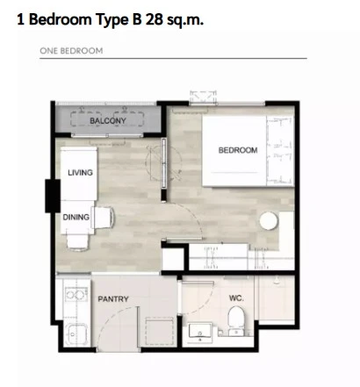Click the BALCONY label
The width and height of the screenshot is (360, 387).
(108, 120)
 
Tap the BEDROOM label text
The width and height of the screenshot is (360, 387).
(238, 150)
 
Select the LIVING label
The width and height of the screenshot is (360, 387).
(80, 173)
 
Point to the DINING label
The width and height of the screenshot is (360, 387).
(76, 217)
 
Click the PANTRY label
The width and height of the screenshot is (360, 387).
(113, 299)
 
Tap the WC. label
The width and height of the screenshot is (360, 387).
(236, 298)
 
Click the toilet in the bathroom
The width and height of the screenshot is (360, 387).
(235, 320)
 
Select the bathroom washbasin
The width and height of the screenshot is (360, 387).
(200, 332)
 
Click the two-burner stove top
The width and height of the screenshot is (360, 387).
(76, 294)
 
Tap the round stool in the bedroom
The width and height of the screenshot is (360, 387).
(269, 220)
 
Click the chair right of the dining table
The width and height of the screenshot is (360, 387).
(103, 218)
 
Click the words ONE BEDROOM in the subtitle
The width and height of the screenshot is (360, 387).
(71, 51)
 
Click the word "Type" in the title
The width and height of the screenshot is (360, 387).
(112, 20)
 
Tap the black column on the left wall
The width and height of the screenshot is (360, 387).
(53, 196)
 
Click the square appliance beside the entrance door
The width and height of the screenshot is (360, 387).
(160, 332)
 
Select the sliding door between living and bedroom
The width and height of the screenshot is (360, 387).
(164, 163)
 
